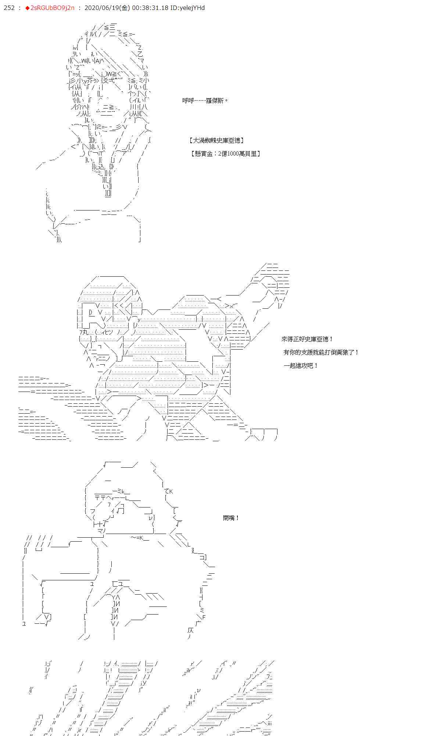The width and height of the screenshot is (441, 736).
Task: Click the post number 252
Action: click(9, 8)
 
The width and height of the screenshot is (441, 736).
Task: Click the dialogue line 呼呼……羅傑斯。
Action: click(205, 100)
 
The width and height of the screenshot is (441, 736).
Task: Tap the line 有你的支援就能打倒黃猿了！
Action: click(321, 352)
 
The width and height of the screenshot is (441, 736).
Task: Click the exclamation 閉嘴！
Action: click(231, 518)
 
